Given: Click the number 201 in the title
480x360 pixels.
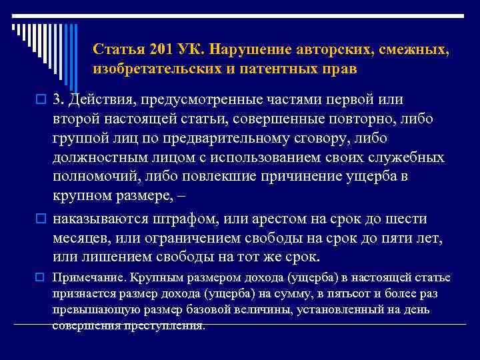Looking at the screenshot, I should click(x=162, y=50).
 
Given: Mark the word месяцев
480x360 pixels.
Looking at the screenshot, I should click(x=81, y=238).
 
